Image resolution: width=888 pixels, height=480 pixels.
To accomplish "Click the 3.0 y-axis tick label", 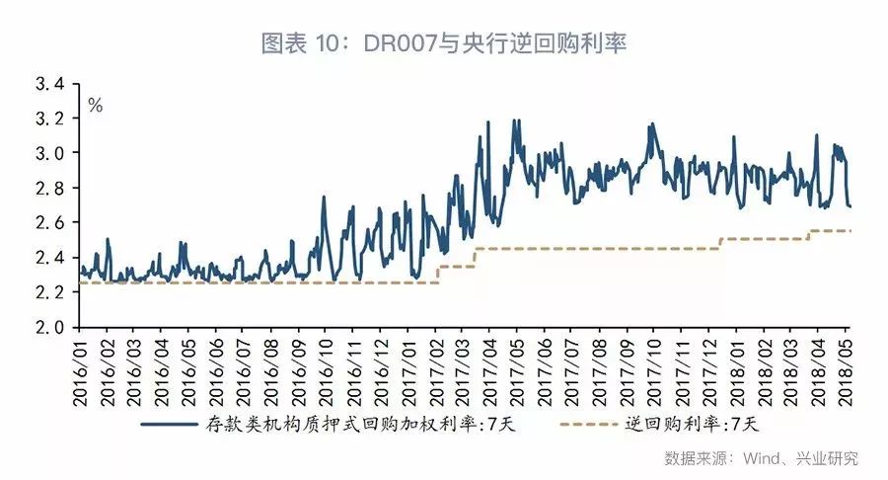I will [x=50, y=153].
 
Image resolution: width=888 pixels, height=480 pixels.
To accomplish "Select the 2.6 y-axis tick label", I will [x=50, y=223].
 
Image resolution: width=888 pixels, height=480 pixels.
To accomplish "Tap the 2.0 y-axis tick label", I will [x=50, y=327].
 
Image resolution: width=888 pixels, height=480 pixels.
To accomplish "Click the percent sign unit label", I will [x=96, y=106].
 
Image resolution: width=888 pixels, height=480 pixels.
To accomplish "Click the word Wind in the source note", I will [x=757, y=458].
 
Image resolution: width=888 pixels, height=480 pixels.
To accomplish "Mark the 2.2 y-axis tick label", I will [x=50, y=292].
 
